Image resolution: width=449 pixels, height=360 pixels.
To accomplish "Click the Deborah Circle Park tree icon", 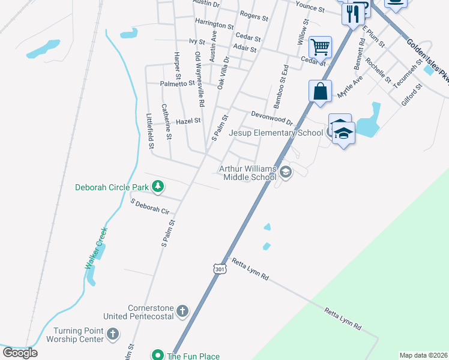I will (158, 187).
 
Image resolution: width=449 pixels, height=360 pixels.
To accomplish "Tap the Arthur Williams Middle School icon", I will (285, 173).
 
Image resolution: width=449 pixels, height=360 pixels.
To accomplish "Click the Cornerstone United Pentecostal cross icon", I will (182, 311).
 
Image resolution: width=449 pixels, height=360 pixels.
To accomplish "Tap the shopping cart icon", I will (321, 46).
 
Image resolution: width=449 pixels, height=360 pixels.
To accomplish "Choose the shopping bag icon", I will (321, 91).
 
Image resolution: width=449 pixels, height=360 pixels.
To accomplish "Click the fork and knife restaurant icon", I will (354, 13).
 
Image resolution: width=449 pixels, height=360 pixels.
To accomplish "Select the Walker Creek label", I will (95, 246).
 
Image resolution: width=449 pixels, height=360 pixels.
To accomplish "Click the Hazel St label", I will (188, 121).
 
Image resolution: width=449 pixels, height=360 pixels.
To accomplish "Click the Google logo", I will (20, 352).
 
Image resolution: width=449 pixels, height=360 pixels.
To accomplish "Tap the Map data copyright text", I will (423, 355).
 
